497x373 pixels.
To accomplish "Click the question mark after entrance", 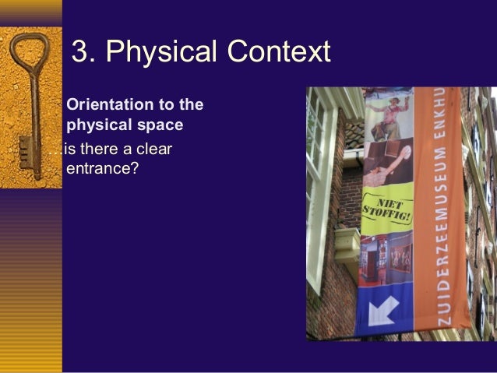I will [136, 167].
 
